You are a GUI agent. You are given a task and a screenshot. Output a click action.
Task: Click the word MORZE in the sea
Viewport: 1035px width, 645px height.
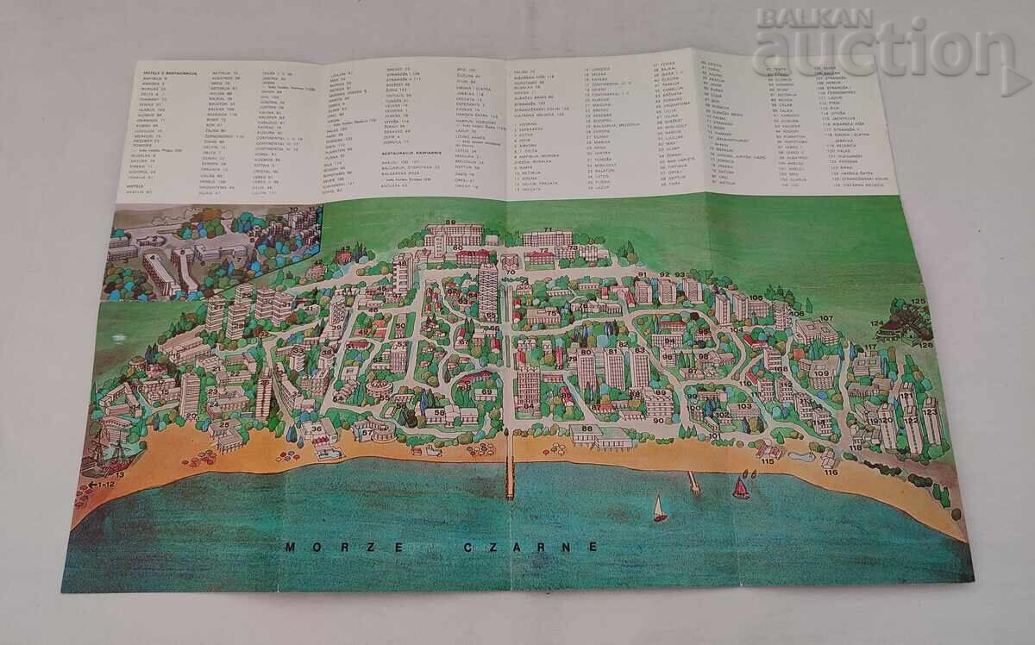(x=315, y=547)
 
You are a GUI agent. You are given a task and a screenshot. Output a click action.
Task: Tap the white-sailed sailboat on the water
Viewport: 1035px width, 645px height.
(x=660, y=509)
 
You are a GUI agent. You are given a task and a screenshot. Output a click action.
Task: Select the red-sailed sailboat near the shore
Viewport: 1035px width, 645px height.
(x=740, y=488)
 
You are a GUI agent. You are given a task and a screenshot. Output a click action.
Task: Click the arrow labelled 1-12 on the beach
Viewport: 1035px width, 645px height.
(x=102, y=485)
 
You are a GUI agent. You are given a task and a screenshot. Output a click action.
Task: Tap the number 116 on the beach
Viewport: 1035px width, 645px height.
(x=831, y=472)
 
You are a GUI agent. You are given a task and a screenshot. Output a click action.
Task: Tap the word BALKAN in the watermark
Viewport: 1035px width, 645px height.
(x=789, y=16)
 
